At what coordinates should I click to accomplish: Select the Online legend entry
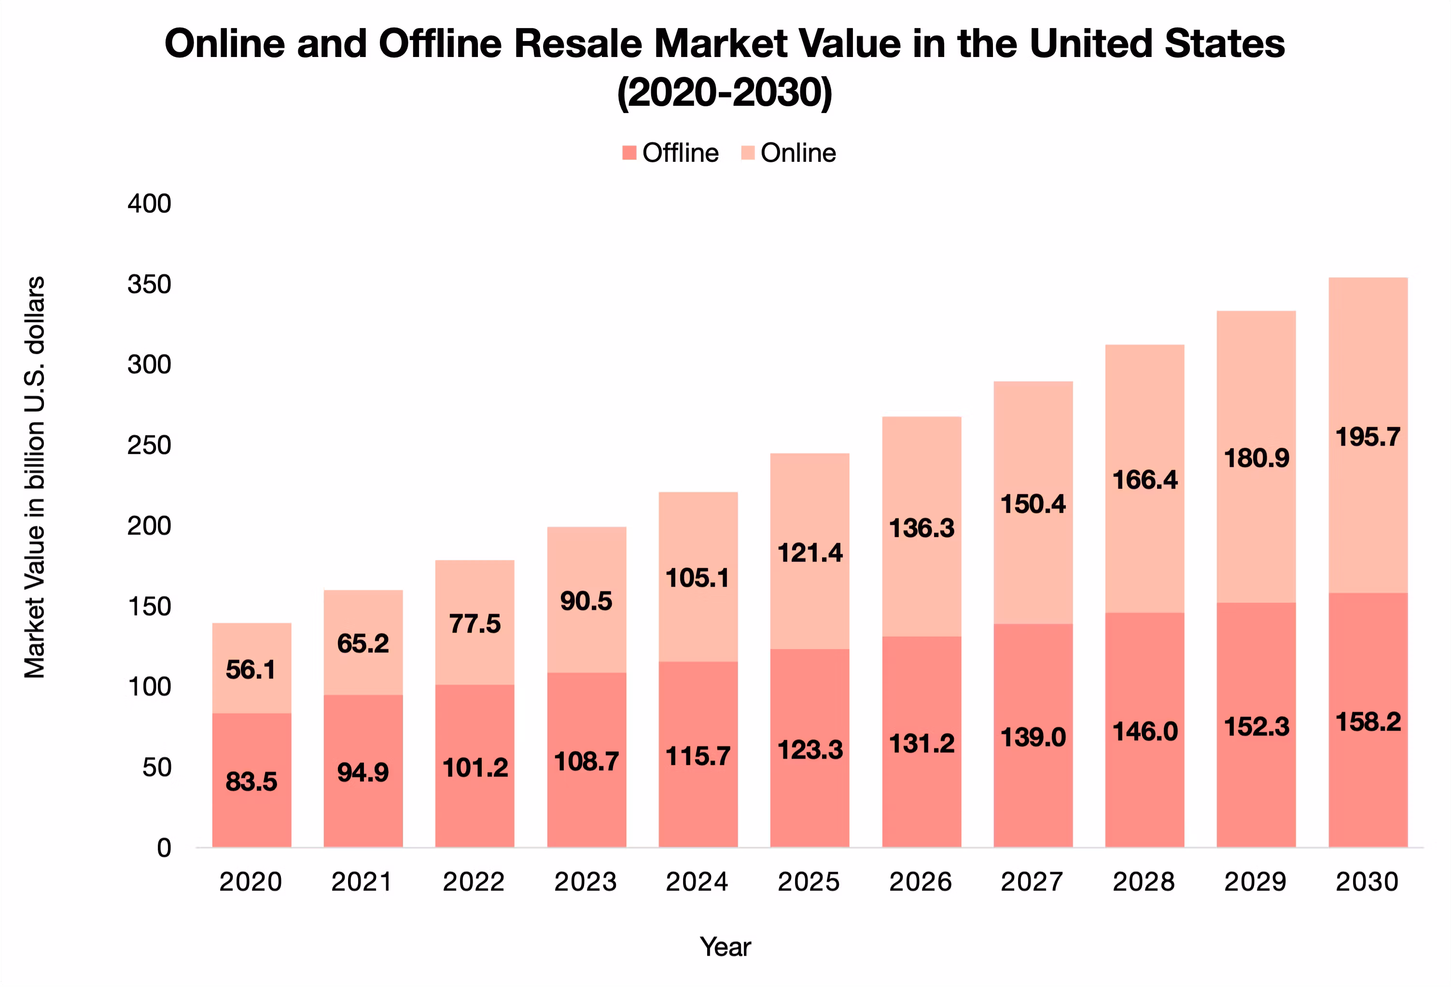[x=789, y=153]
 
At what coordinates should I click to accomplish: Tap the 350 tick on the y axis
[x=149, y=284]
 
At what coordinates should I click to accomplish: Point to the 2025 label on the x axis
[x=809, y=881]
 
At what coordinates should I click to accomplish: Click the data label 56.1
[x=251, y=670]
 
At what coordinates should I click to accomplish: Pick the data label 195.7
[x=1368, y=437]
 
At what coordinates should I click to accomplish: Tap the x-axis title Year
[x=725, y=947]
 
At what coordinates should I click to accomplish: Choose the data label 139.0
[x=1033, y=737]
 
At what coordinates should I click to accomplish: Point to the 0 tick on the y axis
[x=164, y=848]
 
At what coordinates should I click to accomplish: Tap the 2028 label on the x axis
[x=1144, y=881]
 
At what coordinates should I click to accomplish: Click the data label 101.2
[x=475, y=768]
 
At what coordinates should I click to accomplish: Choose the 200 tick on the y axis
[x=149, y=526]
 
